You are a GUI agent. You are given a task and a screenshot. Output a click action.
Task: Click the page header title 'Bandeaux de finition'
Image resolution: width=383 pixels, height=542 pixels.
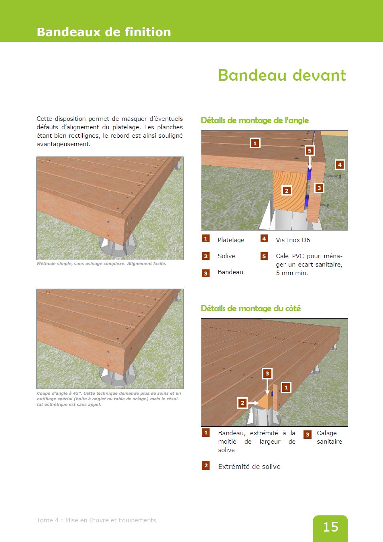[104, 32]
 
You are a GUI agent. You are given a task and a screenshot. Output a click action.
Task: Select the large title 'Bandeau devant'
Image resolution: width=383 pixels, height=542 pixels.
[282, 75]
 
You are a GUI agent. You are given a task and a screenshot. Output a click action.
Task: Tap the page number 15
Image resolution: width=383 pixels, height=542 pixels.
[330, 527]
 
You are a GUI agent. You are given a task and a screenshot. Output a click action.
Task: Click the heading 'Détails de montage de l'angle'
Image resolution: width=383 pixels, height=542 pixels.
[255, 120]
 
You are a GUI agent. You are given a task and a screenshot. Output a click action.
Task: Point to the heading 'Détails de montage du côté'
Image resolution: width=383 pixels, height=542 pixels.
[251, 308]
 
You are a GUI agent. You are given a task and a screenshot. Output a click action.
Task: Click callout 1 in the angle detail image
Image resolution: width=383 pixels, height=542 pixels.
[255, 143]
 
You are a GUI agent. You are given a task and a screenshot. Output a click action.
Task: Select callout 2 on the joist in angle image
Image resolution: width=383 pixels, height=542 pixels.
[287, 190]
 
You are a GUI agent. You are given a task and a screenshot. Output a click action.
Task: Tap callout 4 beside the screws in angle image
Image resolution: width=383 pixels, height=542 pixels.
[340, 164]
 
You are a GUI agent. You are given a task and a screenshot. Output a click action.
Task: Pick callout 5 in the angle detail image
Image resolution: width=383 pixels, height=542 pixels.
[310, 151]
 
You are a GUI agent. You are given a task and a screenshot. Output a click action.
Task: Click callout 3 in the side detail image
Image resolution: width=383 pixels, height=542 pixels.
[267, 373]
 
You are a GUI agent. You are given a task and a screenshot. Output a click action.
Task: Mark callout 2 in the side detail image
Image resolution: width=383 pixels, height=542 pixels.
[242, 403]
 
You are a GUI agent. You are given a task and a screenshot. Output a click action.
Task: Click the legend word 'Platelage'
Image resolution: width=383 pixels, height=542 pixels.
[231, 240]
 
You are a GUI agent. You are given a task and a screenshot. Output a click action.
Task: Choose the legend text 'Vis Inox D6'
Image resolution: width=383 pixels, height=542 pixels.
[293, 240]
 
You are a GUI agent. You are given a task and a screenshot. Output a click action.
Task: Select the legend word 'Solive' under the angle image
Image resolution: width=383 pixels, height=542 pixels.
[226, 256]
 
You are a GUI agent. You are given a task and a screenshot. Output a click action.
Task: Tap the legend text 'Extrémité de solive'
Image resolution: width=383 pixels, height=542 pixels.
[249, 467]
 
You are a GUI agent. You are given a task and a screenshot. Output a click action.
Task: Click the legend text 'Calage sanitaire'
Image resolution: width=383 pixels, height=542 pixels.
[329, 437]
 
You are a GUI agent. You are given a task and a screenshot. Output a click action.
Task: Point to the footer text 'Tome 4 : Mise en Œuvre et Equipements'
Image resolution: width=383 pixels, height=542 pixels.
[96, 520]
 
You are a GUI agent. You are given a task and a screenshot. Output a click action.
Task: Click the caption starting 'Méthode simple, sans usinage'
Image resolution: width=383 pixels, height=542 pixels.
[101, 264]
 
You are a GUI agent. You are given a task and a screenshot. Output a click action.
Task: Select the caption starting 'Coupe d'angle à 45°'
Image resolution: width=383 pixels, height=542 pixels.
[109, 399]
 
